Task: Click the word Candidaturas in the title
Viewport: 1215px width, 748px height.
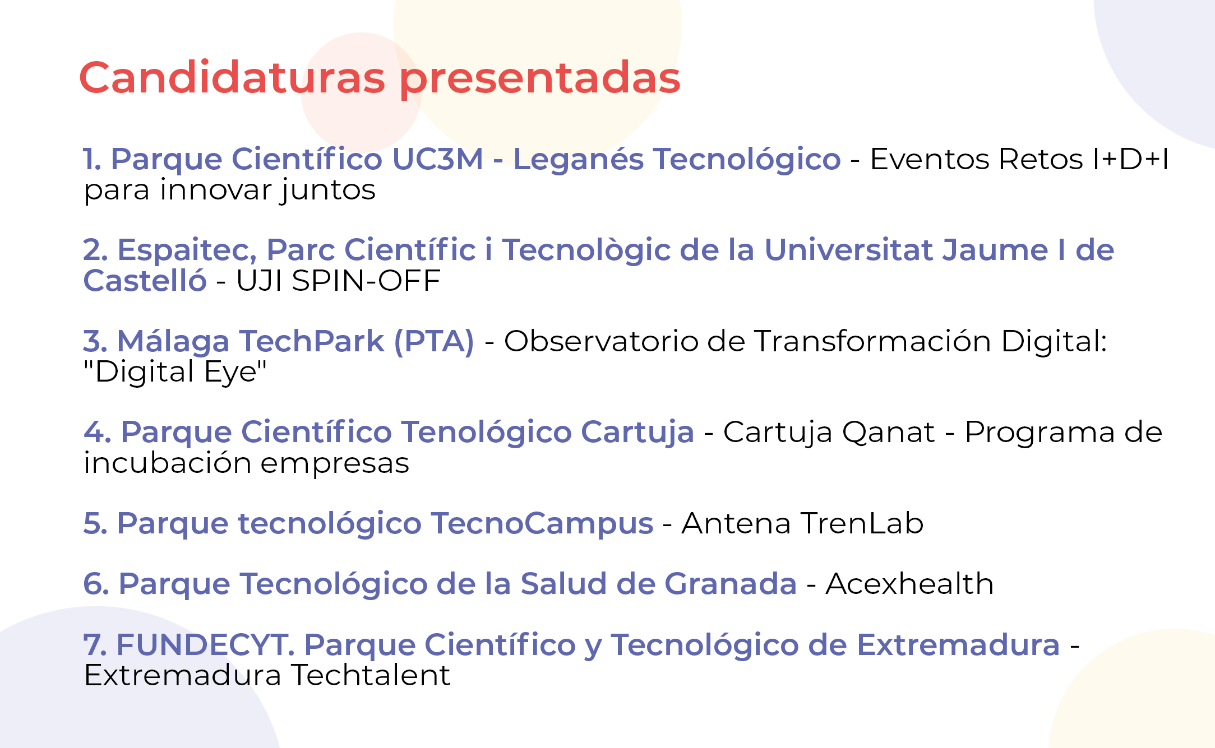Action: [233, 77]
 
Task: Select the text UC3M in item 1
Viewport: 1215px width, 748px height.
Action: [437, 159]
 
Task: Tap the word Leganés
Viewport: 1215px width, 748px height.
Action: [579, 159]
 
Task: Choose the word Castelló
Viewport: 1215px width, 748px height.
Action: [145, 280]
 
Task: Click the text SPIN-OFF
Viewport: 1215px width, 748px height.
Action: [366, 281]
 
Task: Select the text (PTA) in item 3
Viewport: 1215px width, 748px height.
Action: [435, 341]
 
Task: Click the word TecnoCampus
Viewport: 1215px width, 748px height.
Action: [542, 524]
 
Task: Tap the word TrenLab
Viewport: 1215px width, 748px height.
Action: [863, 523]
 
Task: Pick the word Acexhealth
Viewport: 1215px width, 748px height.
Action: [909, 584]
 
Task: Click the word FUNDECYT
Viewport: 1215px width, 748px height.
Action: [206, 644]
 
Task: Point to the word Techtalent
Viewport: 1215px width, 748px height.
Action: [371, 675]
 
